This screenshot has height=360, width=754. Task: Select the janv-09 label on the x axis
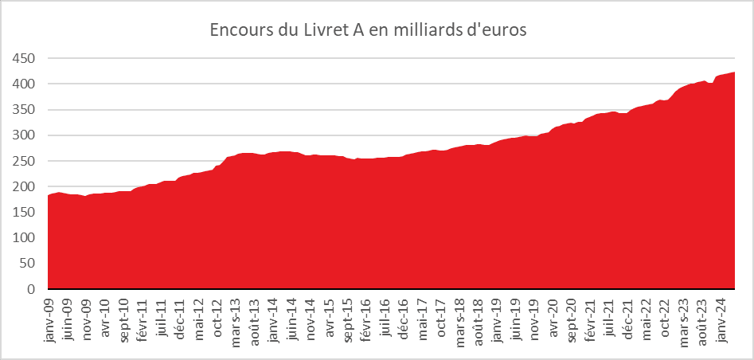pyautogui.click(x=49, y=319)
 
